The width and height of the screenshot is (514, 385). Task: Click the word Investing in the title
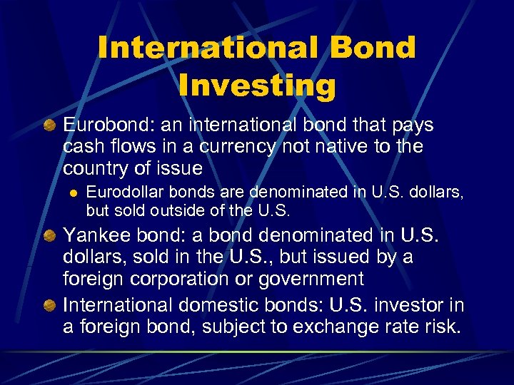(257, 85)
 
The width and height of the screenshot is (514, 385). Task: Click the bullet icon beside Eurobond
(51, 125)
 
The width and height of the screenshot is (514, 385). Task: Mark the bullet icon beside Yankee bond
(51, 235)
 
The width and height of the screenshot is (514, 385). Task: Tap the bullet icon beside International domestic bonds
(51, 306)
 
